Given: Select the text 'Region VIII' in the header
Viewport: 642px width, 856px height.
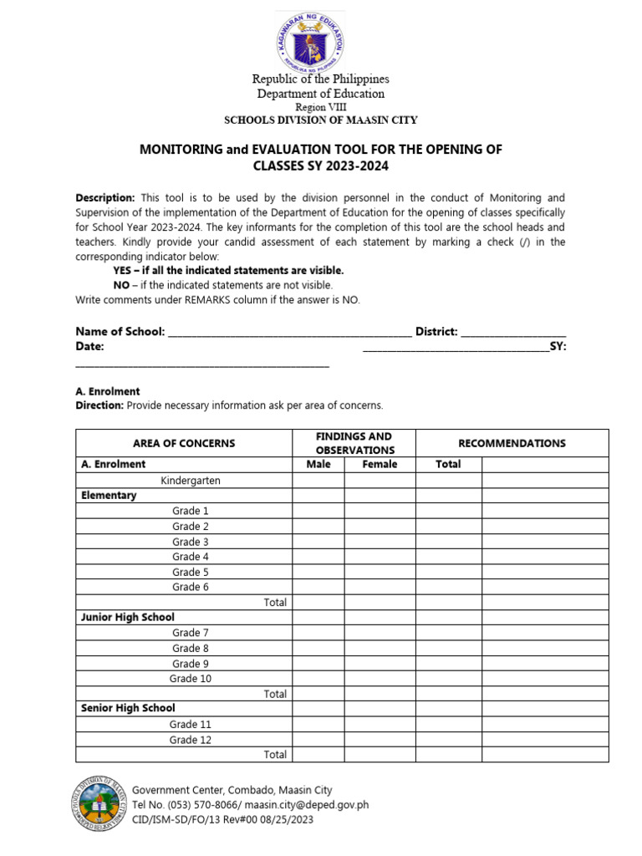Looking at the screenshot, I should pos(321,108).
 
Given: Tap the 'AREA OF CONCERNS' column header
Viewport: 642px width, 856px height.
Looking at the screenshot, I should pos(184,443).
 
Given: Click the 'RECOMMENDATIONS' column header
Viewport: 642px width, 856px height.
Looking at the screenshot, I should pos(512,443).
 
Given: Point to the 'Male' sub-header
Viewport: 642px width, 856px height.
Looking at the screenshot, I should pos(318,464).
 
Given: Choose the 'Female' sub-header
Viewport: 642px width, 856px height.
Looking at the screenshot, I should pos(380,464).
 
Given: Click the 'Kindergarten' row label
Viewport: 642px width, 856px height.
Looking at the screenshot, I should pos(191,481).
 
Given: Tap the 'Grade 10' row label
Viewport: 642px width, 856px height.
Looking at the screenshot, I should pos(191,679).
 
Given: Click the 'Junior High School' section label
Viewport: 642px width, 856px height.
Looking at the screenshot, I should pos(128,617).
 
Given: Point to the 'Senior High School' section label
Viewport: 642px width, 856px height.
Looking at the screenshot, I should pos(128,708).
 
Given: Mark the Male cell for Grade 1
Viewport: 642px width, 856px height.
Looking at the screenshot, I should pos(318,511).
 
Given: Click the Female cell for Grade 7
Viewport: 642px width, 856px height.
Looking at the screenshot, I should pos(380,633).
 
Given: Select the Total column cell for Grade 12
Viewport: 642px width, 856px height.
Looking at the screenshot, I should pos(448,740).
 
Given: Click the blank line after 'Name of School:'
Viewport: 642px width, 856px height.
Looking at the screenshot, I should pos(289,332).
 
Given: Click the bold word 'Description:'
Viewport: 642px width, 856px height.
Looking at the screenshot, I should pos(105,198).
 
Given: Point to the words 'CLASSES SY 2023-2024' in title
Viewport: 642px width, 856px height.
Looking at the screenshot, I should pos(321,166).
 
